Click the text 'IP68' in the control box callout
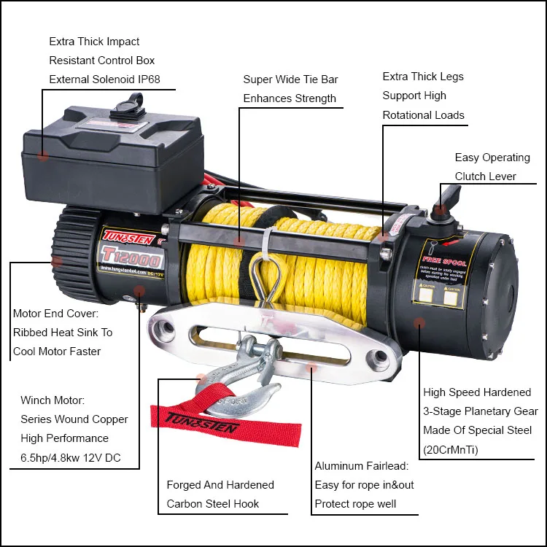tap(146, 79)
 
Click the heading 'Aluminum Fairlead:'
tap(362, 466)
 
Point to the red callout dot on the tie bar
tap(239, 238)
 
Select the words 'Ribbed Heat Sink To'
tap(63, 333)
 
